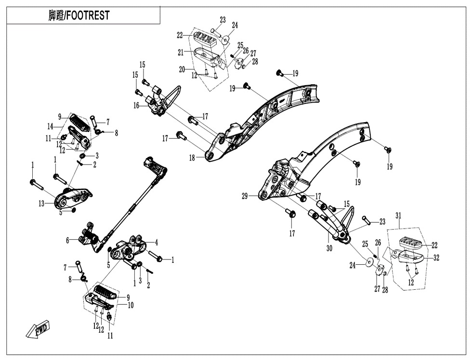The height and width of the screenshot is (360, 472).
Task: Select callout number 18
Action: click(x=192, y=157)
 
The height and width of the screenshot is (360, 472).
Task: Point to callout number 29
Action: click(x=245, y=196)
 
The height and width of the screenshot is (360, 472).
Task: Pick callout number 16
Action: click(x=136, y=105)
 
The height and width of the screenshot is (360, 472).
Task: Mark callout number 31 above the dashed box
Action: click(x=397, y=215)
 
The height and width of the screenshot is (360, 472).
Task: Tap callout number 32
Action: click(x=436, y=258)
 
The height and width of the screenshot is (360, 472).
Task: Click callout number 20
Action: click(x=182, y=69)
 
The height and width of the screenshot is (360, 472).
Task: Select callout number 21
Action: click(x=181, y=51)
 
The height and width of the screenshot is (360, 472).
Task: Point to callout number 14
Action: click(x=50, y=127)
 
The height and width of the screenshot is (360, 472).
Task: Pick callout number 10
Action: click(x=131, y=305)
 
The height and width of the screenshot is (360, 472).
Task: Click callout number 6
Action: click(x=68, y=240)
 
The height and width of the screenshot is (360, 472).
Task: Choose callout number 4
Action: click(x=156, y=242)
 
